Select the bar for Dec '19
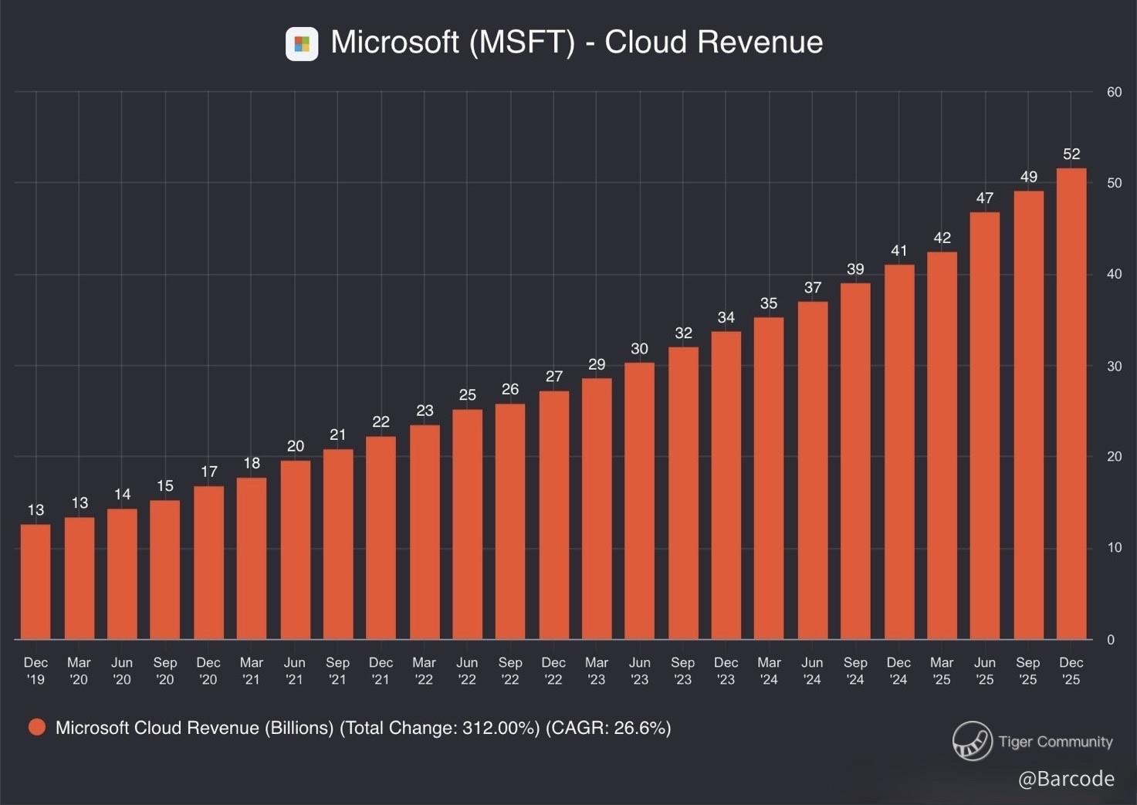[x=36, y=582]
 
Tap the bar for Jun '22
[x=467, y=524]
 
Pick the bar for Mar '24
[x=769, y=479]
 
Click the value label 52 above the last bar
[x=1071, y=154]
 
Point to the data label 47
[x=984, y=198]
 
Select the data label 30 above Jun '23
[x=639, y=349]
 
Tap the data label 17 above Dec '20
[x=208, y=472]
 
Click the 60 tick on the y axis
[x=1114, y=93]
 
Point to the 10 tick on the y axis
[x=1114, y=548]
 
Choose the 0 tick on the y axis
[x=1111, y=640]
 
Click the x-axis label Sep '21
[x=337, y=671]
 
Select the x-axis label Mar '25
[x=942, y=671]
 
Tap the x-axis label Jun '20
[x=122, y=671]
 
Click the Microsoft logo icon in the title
[x=302, y=44]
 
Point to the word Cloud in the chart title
[x=646, y=42]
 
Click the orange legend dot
[x=36, y=727]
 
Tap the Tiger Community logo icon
[x=972, y=741]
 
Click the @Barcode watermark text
[x=1066, y=779]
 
